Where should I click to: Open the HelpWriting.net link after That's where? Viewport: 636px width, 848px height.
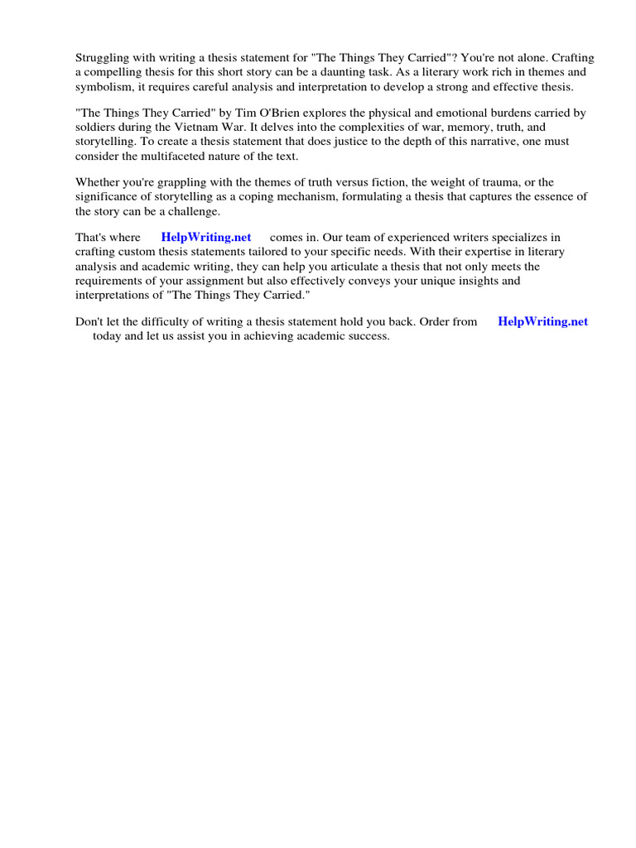206,237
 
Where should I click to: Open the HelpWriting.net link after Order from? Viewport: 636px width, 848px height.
542,321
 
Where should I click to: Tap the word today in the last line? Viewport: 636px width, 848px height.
107,336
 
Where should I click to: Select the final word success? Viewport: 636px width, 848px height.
369,336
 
